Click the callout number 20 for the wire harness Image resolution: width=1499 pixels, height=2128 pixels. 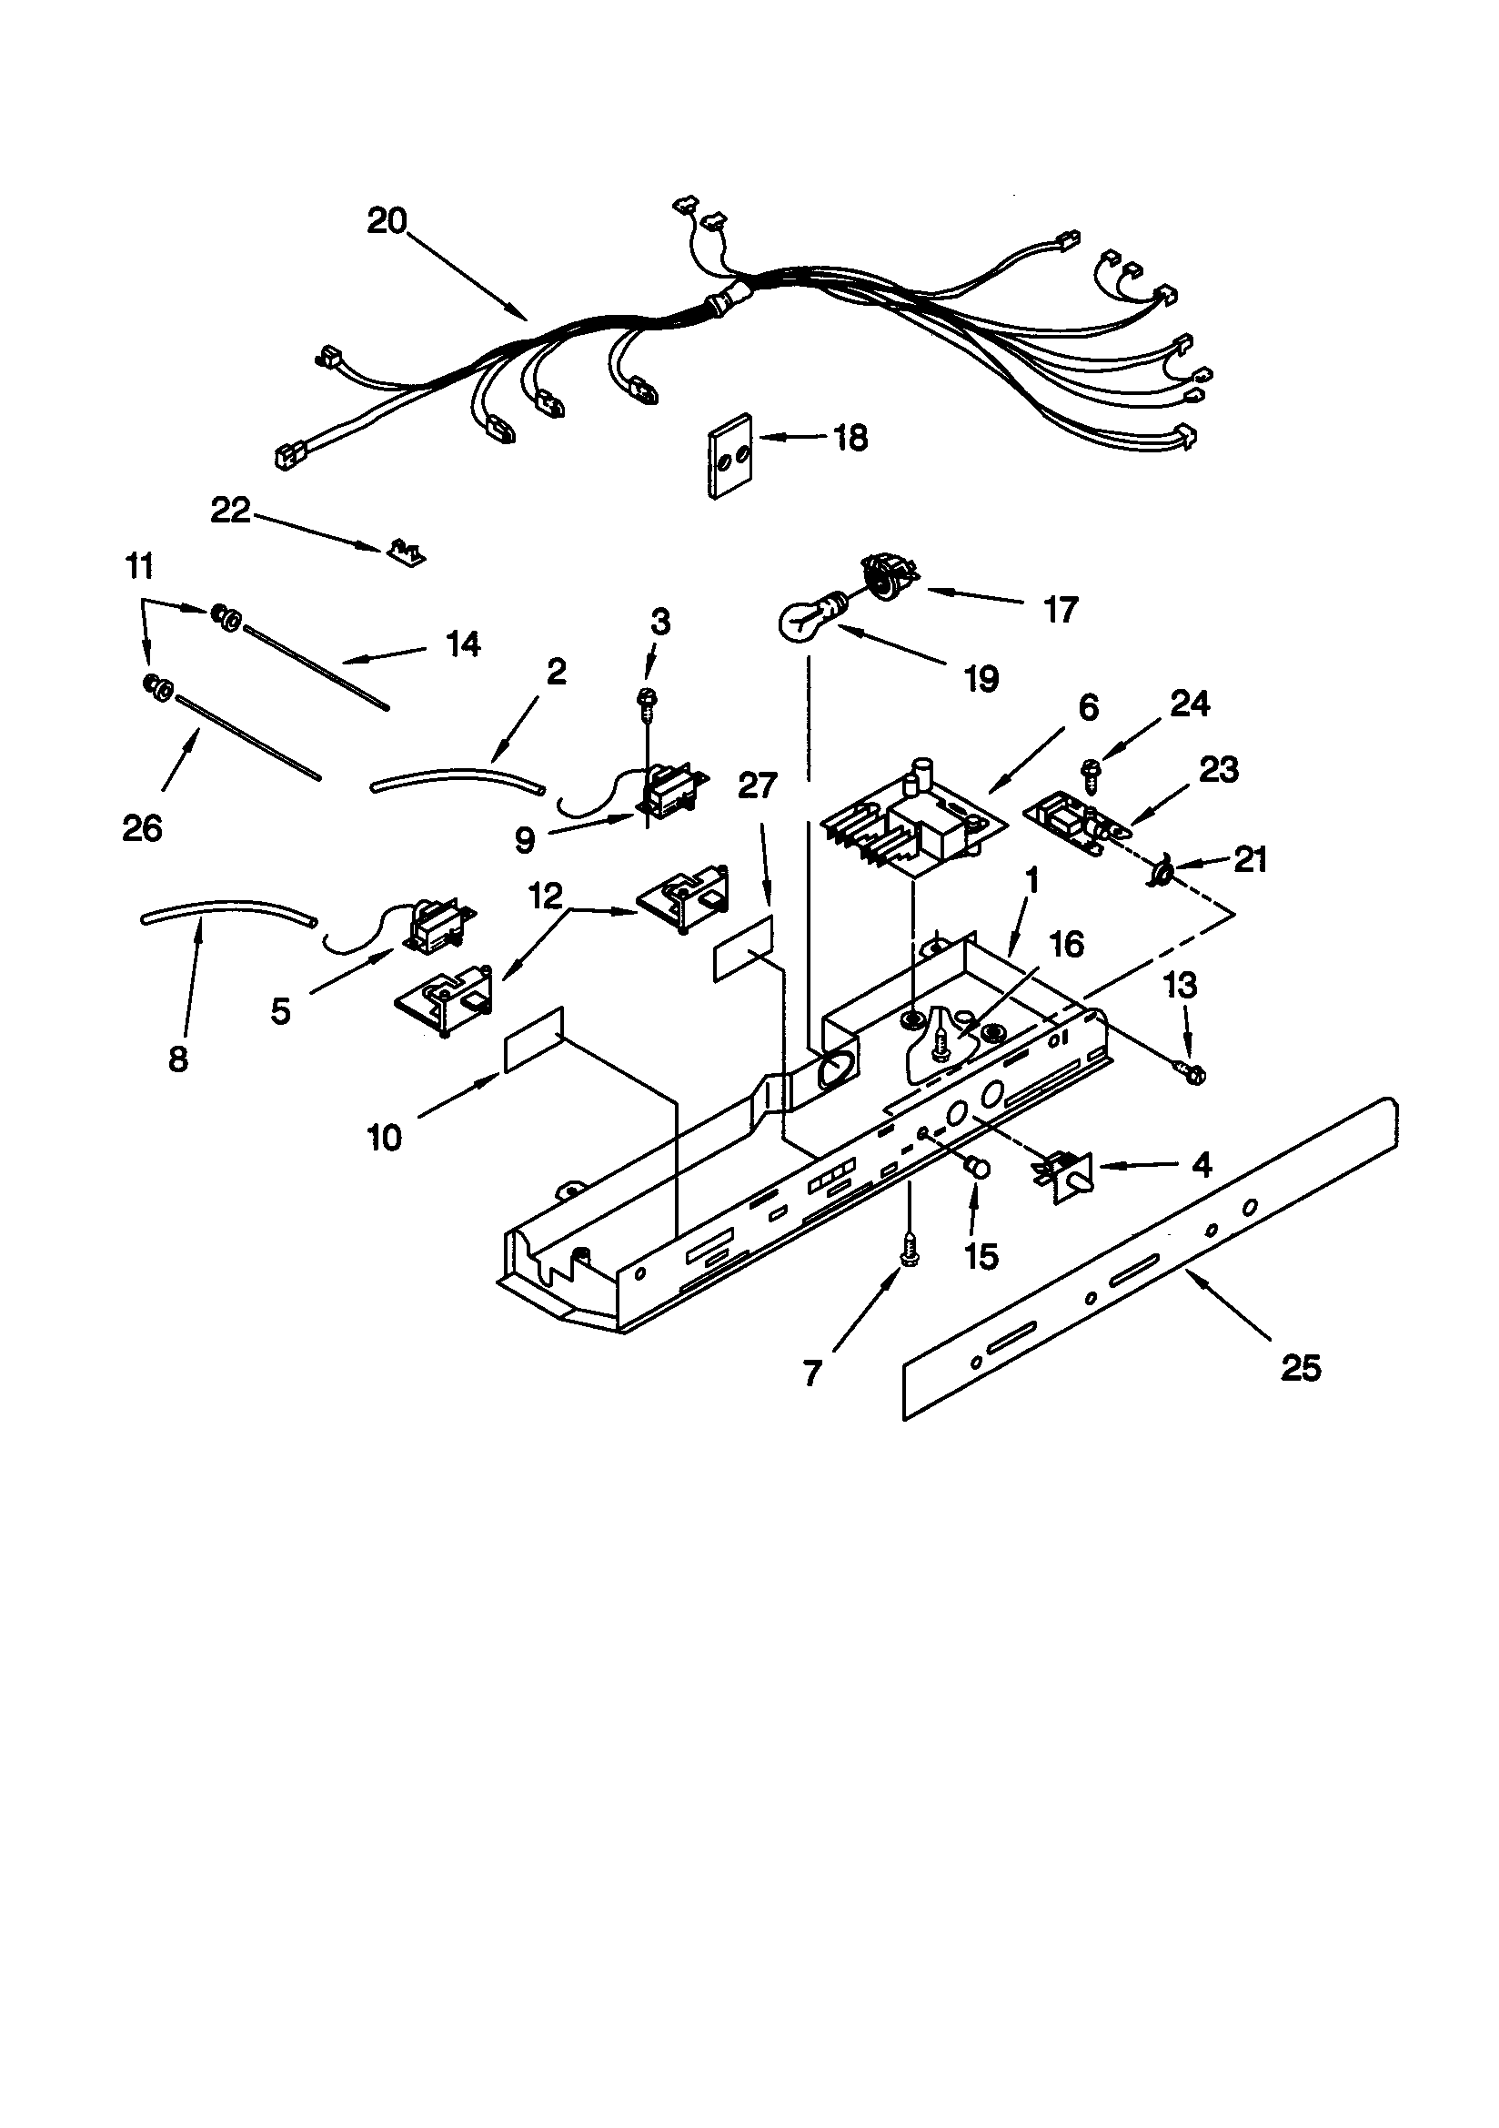pyautogui.click(x=387, y=221)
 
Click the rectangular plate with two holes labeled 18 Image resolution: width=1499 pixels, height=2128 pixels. pyautogui.click(x=730, y=455)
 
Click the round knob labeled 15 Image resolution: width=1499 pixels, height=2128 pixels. pyautogui.click(x=979, y=1169)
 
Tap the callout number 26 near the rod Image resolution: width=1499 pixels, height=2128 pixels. pyautogui.click(x=142, y=827)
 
